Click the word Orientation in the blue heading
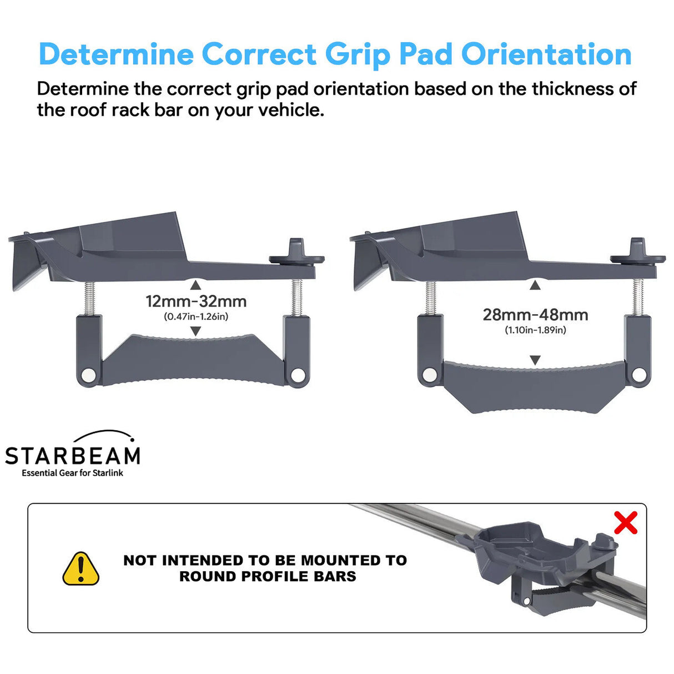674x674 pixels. coord(546,54)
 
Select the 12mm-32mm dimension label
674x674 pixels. coord(196,301)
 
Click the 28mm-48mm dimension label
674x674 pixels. coord(535,315)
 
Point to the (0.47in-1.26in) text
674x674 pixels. coord(196,316)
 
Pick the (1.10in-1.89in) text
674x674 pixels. coord(535,330)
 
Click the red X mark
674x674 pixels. coord(626,522)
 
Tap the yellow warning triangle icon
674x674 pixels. coord(81,569)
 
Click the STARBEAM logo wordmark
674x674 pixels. coord(73,456)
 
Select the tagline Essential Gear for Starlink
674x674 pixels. coord(73,473)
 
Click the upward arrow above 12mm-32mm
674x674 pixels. coord(195,285)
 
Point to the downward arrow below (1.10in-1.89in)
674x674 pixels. coord(535,360)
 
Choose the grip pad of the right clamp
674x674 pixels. coord(535,386)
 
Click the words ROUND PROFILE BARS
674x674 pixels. coord(268,576)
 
